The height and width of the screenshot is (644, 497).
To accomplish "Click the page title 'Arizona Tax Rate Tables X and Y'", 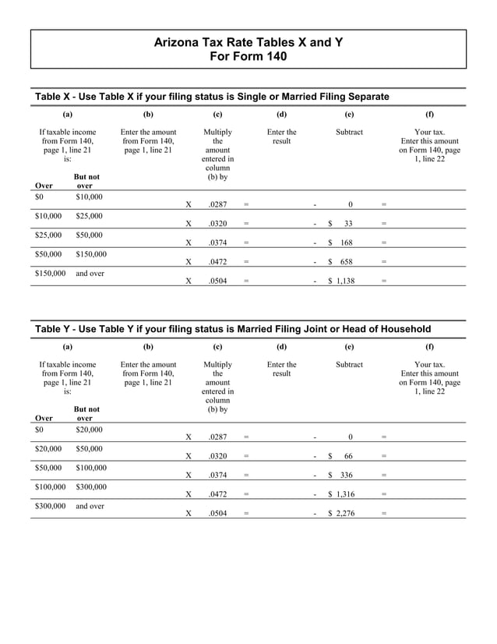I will click(248, 42).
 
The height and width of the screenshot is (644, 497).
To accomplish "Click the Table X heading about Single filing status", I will click(212, 96).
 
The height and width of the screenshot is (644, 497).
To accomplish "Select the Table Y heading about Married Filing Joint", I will click(233, 329).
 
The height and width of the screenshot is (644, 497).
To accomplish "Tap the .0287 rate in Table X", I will click(217, 204).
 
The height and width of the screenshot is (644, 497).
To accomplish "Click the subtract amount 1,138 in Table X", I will click(344, 281).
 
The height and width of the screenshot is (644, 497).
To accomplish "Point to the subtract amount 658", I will click(347, 262).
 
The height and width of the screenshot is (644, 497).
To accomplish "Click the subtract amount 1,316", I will click(344, 494).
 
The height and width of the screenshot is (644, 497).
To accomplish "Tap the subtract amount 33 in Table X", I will click(348, 223).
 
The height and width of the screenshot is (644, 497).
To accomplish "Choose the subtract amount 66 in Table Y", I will click(348, 456).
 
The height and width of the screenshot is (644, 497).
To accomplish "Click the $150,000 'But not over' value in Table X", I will click(91, 254).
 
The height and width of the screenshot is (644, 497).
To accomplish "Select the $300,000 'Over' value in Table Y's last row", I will click(51, 506).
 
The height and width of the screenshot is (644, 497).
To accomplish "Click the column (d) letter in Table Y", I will click(281, 345).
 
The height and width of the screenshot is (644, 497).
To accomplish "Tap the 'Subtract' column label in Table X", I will click(349, 132).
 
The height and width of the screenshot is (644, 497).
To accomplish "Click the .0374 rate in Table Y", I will click(217, 475).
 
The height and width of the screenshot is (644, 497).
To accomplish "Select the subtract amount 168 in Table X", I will click(347, 242).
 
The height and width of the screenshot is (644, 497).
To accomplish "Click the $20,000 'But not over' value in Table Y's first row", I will click(89, 430).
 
